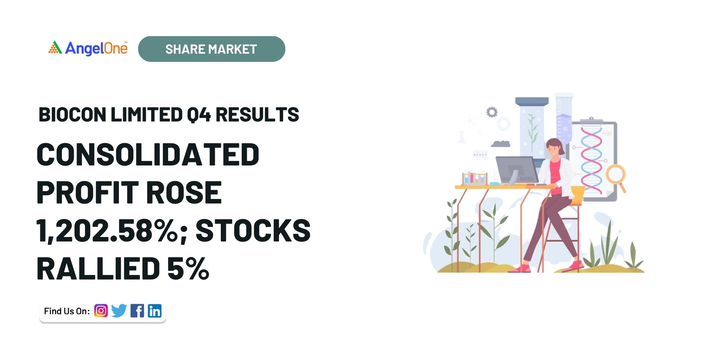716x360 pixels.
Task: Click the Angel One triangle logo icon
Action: (55, 48)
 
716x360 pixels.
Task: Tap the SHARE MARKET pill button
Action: (211, 49)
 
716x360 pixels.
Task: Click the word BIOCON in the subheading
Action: (72, 114)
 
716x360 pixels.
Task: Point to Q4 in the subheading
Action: (199, 115)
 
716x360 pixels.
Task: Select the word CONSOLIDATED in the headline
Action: (148, 155)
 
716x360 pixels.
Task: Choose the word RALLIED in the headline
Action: (98, 268)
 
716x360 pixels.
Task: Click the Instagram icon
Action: (101, 311)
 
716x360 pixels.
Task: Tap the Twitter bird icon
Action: (119, 311)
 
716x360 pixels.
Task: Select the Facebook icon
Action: (137, 311)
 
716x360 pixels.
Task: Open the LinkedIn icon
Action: (155, 311)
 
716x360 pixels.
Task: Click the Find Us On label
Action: (67, 311)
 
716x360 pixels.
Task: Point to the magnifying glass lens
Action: (615, 174)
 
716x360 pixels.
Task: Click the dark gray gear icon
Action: (492, 112)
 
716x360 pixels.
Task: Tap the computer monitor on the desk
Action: (517, 170)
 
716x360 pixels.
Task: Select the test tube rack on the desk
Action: (474, 179)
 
